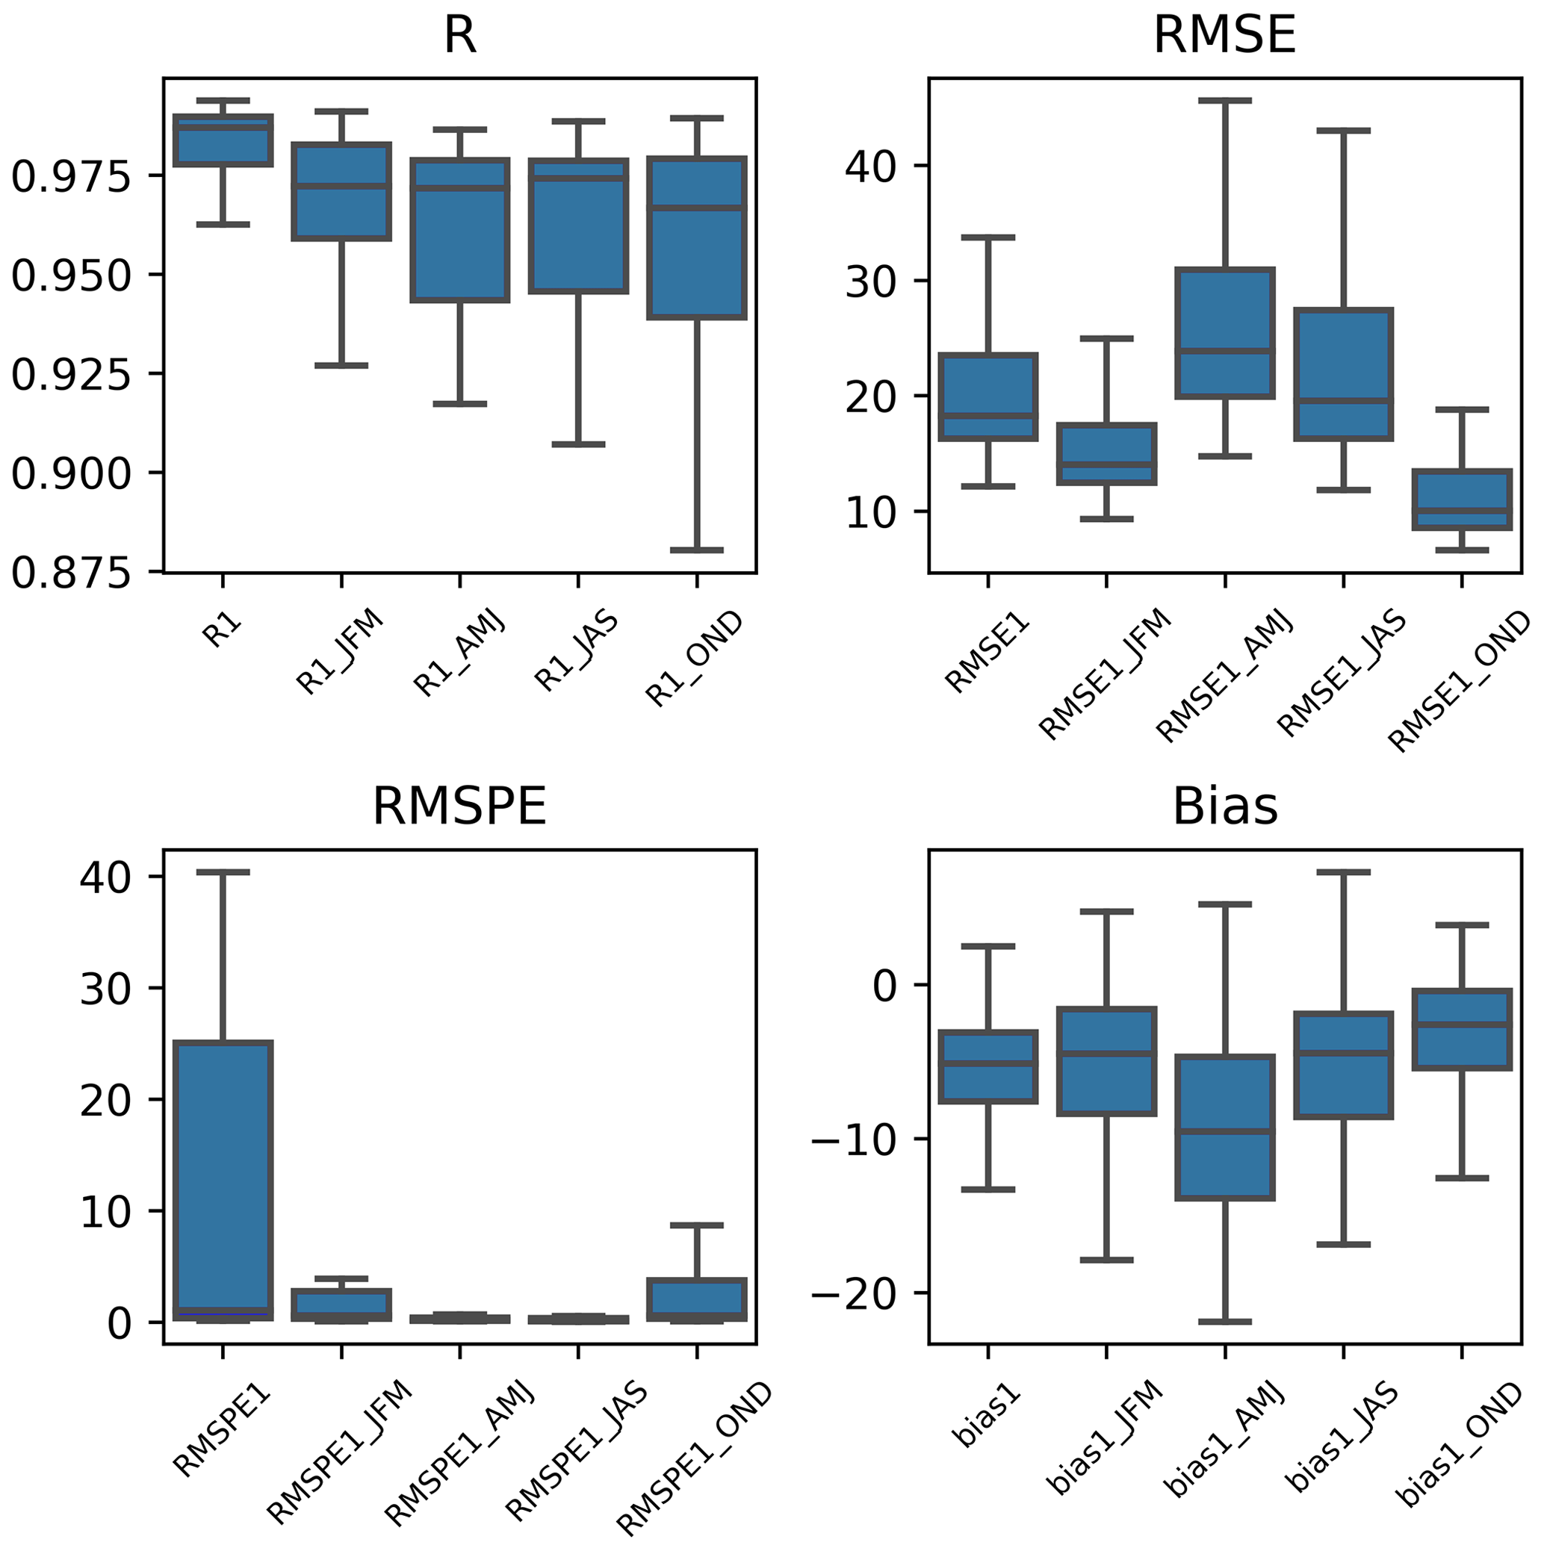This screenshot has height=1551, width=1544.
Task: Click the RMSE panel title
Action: pyautogui.click(x=1224, y=35)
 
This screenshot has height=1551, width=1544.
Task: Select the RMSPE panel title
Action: pyautogui.click(x=459, y=806)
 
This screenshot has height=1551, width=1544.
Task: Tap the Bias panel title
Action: pyautogui.click(x=1224, y=806)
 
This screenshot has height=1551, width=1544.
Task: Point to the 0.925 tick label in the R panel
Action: pyautogui.click(x=71, y=375)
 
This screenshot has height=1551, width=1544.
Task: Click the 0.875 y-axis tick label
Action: pyautogui.click(x=71, y=574)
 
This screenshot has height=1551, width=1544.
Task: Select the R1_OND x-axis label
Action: pyautogui.click(x=695, y=659)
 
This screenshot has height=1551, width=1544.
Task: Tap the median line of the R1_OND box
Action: pyautogui.click(x=697, y=208)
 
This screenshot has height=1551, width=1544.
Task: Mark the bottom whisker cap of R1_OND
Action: pyautogui.click(x=697, y=550)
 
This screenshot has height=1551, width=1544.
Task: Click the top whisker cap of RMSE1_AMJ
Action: pyautogui.click(x=1225, y=101)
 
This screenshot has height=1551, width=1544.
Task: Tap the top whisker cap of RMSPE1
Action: pyautogui.click(x=223, y=872)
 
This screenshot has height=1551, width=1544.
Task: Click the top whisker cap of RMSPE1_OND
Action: pyautogui.click(x=697, y=1226)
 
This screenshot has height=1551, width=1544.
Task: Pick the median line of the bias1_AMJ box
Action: pyautogui.click(x=1225, y=1131)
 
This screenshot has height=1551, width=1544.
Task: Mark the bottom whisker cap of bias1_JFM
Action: pyautogui.click(x=1106, y=1261)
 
